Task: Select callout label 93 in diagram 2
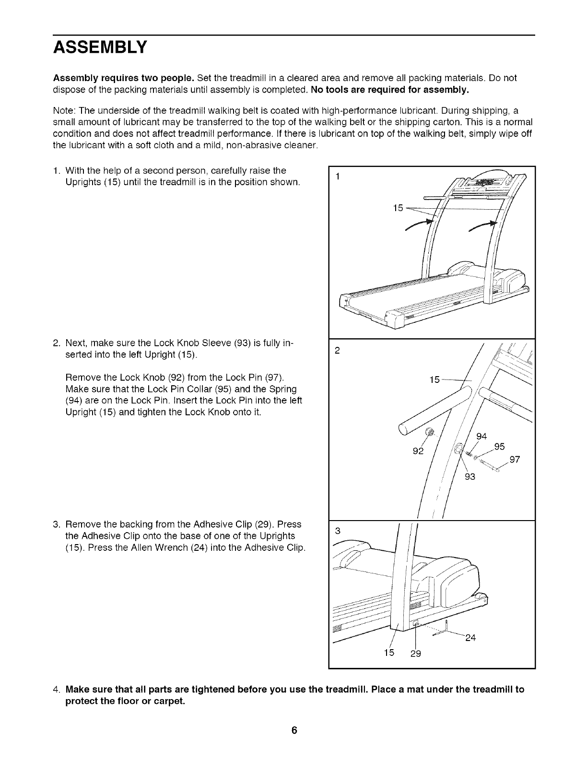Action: point(470,476)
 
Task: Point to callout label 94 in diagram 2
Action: point(481,436)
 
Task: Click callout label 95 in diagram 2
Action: point(499,446)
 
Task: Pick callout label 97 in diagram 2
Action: point(515,460)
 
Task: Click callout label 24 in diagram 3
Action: point(470,638)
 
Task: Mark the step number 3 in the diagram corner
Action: point(338,531)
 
